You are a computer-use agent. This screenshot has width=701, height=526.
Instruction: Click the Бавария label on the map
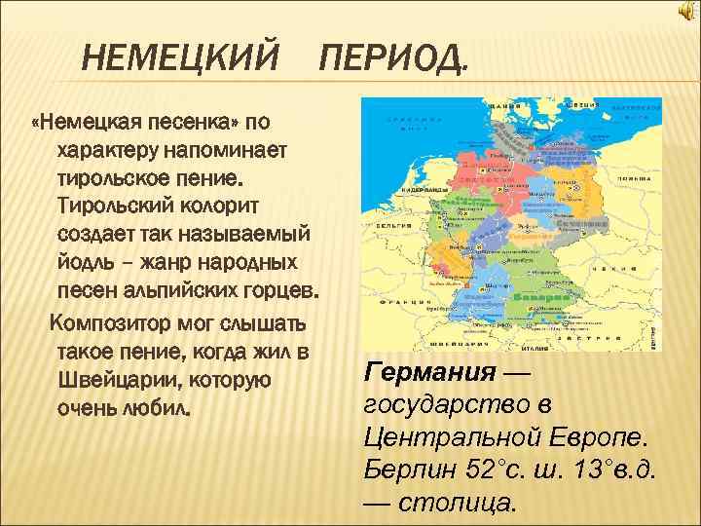pos(530,295)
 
